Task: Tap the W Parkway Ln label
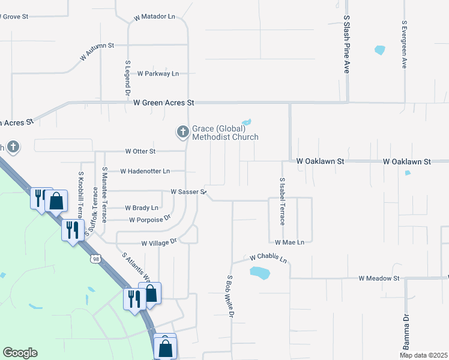coord(158,74)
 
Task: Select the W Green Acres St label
coord(164,103)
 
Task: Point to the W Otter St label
coord(140,151)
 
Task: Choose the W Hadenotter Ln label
coord(145,171)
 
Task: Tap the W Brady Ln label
coord(142,208)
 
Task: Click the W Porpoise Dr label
coord(150,220)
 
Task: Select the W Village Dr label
coord(158,243)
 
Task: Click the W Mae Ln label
coord(290,242)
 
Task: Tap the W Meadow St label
coord(379,278)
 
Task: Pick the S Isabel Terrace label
coord(282,202)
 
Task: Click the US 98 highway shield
coord(96,259)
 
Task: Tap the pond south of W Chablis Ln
coord(260,273)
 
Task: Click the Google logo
coord(20,353)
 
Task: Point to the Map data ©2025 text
coord(423,355)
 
